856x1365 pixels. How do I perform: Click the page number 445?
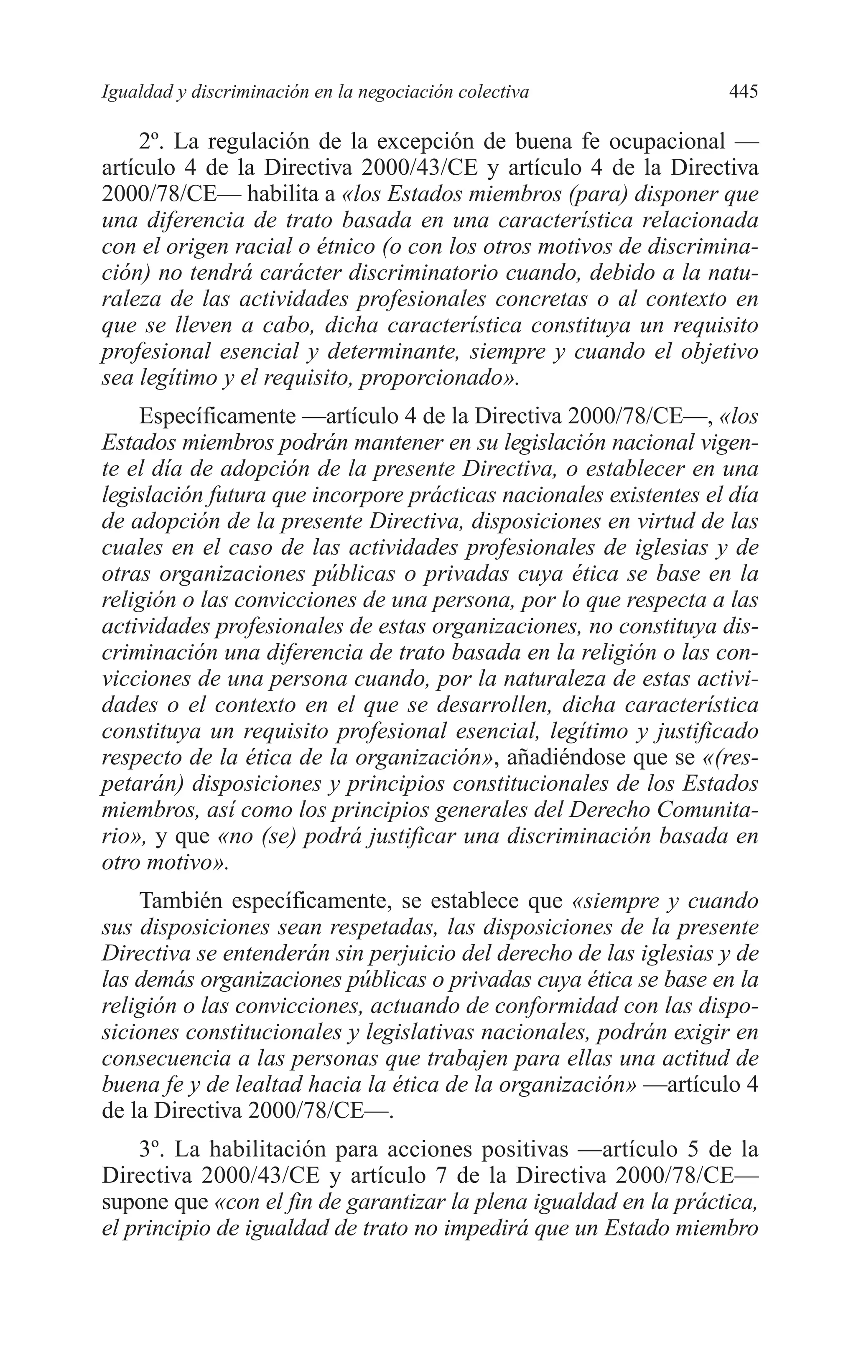pos(743,91)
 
